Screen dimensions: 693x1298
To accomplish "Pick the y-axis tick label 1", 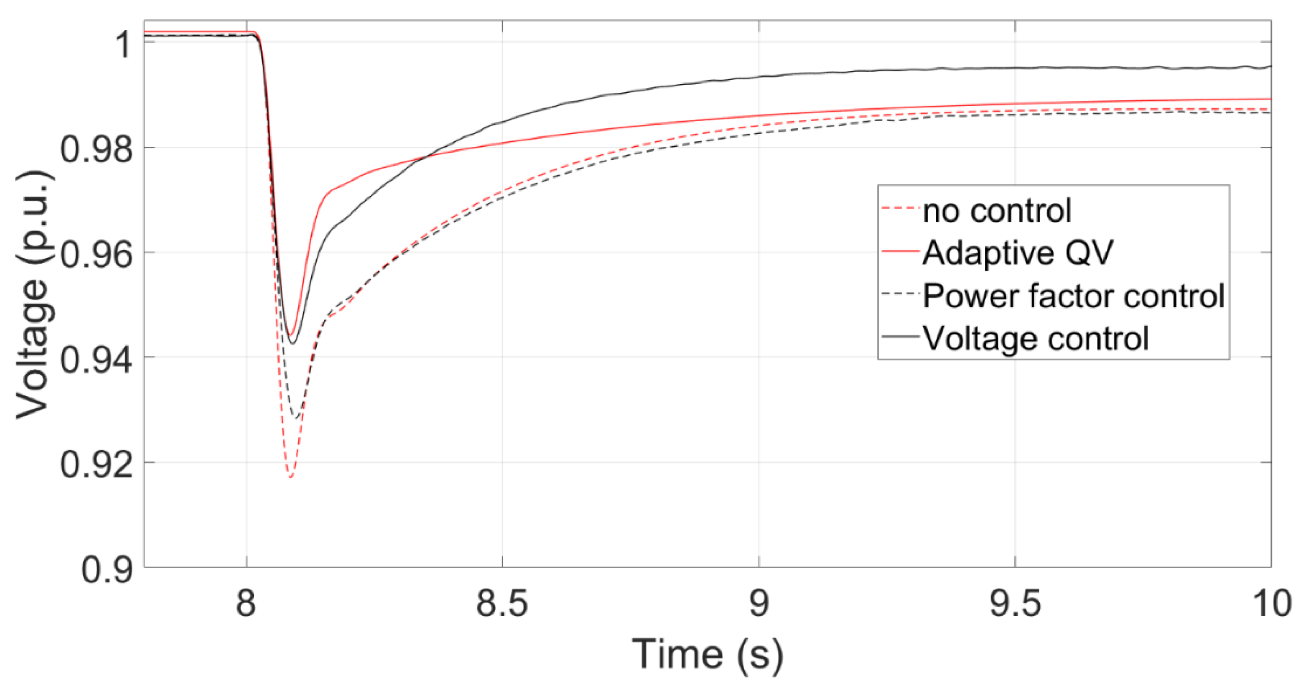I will pyautogui.click(x=124, y=44).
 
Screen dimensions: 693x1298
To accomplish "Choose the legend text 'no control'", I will pyautogui.click(x=997, y=211).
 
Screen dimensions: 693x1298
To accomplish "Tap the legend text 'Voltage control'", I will pyautogui.click(x=1036, y=338).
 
